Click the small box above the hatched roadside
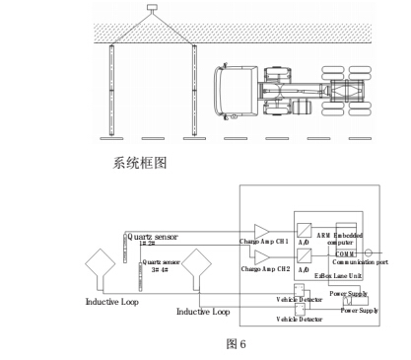152,10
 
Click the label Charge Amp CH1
262,242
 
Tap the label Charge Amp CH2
262,268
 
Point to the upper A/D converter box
306,230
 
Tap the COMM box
343,253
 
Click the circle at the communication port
369,253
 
